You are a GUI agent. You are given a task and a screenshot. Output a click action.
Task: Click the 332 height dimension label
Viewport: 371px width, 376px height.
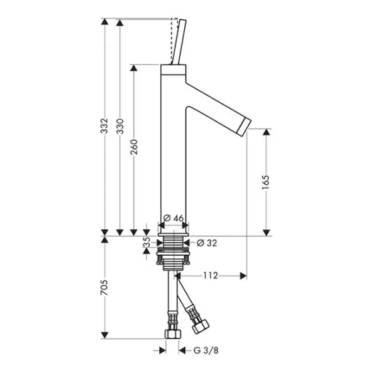pyautogui.click(x=104, y=126)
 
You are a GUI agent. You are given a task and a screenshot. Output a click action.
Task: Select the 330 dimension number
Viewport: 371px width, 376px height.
pyautogui.click(x=120, y=126)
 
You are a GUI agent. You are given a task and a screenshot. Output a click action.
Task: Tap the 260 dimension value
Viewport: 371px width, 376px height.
pyautogui.click(x=134, y=147)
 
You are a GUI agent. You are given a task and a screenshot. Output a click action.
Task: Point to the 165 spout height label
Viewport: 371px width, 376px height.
pyautogui.click(x=266, y=182)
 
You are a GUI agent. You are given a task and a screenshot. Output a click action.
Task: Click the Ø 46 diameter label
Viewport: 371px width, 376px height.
pyautogui.click(x=174, y=218)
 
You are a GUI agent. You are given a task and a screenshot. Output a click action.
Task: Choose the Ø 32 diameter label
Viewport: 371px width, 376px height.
pyautogui.click(x=207, y=243)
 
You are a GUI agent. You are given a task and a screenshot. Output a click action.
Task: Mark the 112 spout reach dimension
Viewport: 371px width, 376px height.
pyautogui.click(x=211, y=276)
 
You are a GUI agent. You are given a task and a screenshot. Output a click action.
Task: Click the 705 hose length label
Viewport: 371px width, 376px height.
pyautogui.click(x=104, y=288)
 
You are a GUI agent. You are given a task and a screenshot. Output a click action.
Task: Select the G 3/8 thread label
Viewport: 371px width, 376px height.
pyautogui.click(x=206, y=350)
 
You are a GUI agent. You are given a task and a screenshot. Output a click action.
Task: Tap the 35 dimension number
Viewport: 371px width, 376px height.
pyautogui.click(x=146, y=242)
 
